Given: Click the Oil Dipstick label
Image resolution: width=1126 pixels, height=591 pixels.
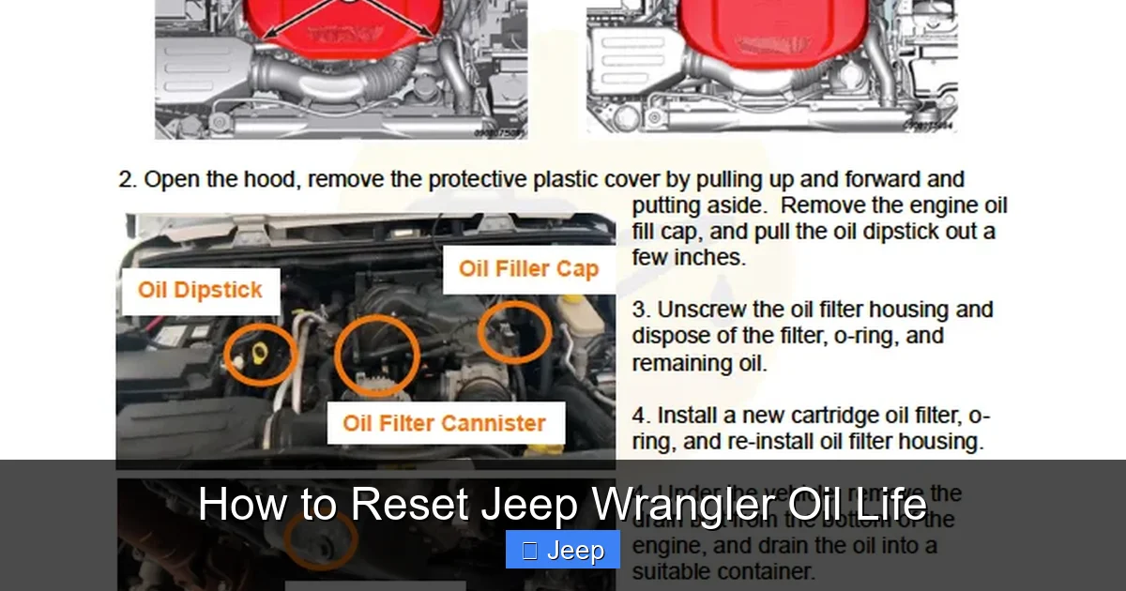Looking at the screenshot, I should [200, 290].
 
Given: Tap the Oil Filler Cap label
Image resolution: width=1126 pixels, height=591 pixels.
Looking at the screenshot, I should [528, 269].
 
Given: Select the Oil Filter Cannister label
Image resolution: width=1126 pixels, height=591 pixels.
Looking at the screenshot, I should [444, 423].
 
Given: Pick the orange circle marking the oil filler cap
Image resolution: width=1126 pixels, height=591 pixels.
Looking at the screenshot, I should [514, 331].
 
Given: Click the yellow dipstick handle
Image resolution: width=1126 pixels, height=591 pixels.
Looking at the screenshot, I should [255, 354].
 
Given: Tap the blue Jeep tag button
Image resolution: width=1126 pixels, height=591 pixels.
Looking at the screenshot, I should [563, 550].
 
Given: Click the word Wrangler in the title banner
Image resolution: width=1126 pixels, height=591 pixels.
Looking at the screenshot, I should [670, 506].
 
